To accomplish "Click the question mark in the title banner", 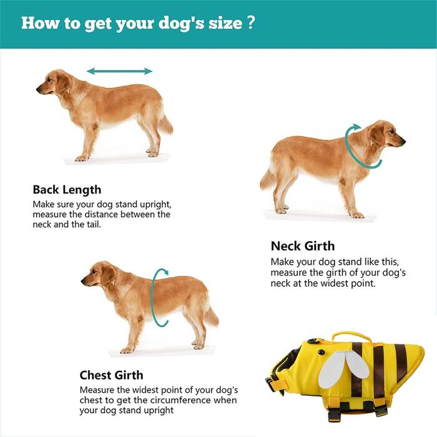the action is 250,22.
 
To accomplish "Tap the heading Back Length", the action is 67,190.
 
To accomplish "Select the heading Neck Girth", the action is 303,246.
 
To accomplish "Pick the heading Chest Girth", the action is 112,375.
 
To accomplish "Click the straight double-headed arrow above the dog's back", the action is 120,71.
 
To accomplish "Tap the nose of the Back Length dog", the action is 38,89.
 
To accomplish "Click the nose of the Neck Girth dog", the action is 403,142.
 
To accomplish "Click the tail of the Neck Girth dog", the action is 267,179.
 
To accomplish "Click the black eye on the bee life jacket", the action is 322,352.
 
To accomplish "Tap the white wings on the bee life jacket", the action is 343,368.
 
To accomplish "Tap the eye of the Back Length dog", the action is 49,80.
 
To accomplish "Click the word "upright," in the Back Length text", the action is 155,205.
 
